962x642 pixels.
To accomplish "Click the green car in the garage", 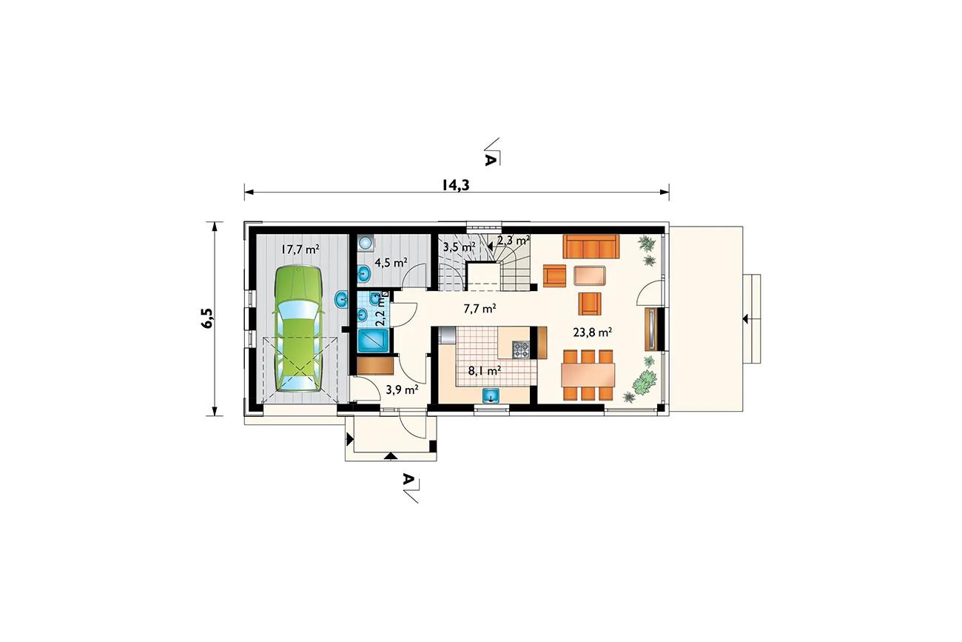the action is (x=297, y=329).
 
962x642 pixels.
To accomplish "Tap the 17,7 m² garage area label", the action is (x=300, y=249).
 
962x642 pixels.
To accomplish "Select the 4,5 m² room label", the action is (x=391, y=262).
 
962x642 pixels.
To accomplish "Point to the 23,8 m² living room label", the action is (x=592, y=332).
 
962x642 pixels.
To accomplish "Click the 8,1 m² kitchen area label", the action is (x=485, y=370).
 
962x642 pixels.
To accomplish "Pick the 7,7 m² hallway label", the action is (x=480, y=308).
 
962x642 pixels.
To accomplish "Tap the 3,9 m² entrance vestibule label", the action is (x=402, y=389).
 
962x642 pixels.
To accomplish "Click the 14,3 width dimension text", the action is (x=456, y=185).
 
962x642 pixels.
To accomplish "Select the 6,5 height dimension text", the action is (x=206, y=318).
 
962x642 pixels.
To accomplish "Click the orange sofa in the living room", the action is (x=591, y=247).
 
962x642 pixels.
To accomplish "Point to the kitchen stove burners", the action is (x=522, y=350).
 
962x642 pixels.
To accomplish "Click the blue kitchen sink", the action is (x=491, y=395).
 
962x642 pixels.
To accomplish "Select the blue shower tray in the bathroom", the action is (x=374, y=341).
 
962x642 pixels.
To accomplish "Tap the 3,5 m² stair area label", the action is (x=459, y=247).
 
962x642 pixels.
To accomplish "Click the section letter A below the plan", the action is (x=408, y=478).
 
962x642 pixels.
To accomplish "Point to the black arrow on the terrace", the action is (x=745, y=318).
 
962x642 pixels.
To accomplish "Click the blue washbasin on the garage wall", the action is (x=342, y=299).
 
